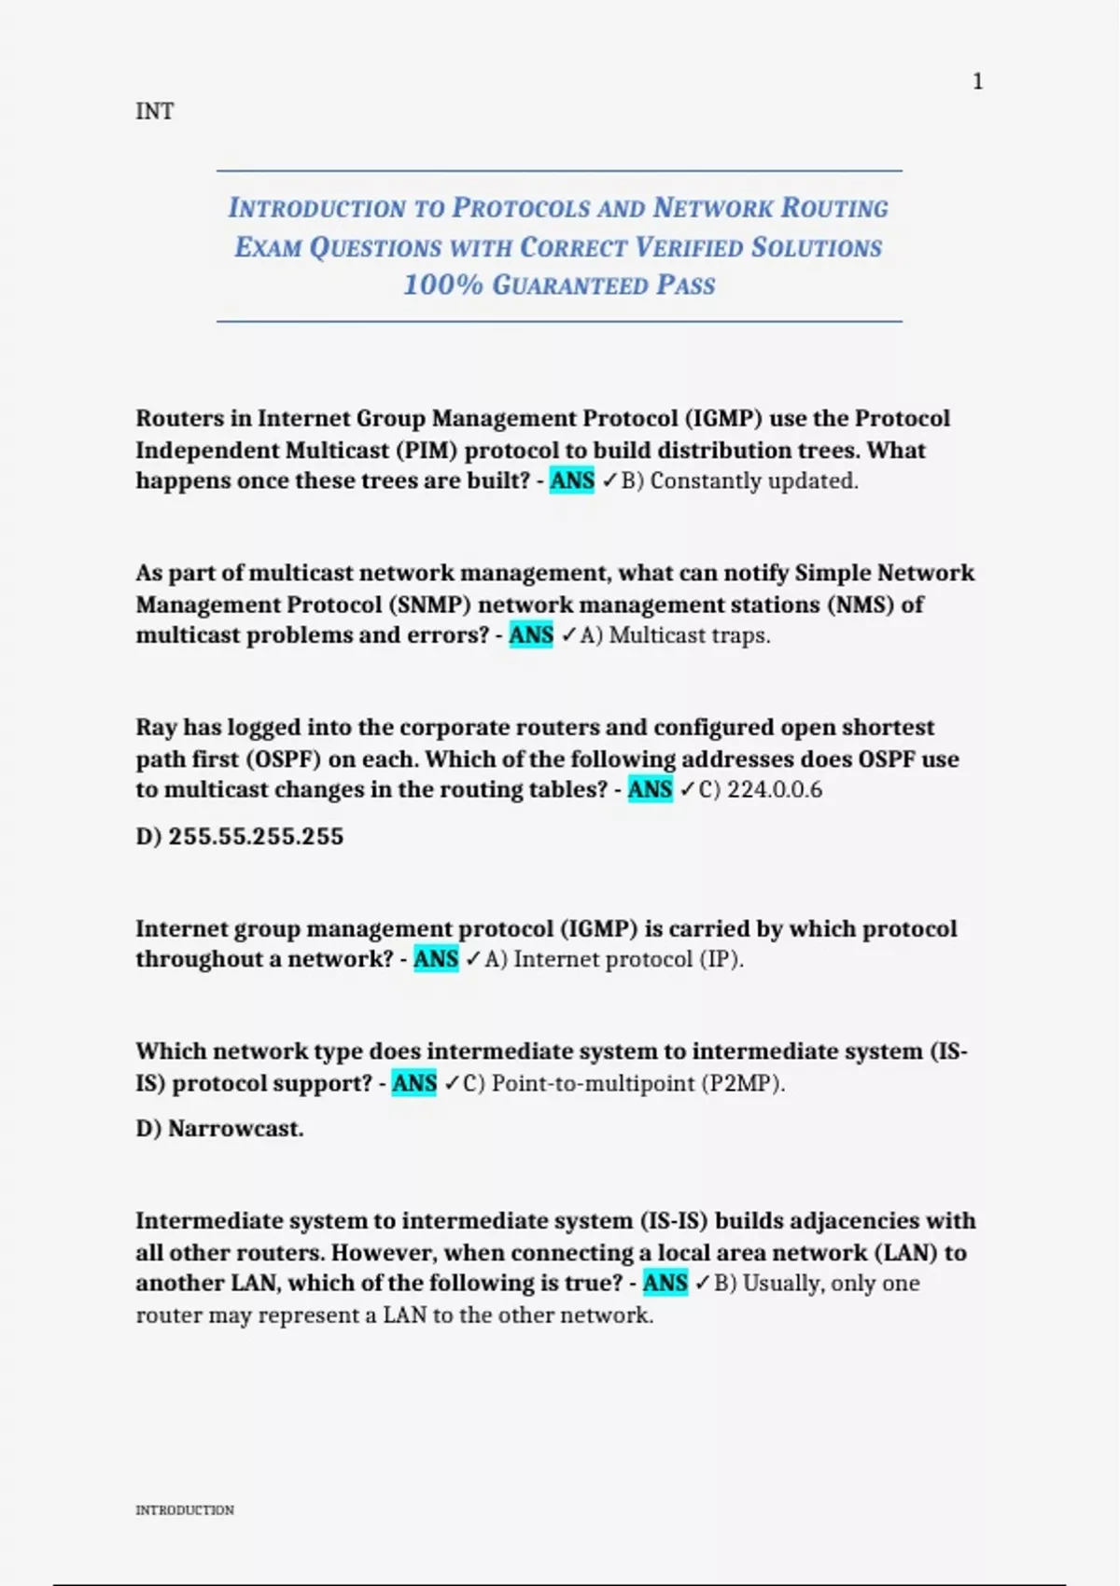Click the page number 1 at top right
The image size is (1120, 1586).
tap(977, 82)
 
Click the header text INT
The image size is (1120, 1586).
tap(154, 111)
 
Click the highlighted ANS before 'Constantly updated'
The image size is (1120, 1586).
tap(571, 480)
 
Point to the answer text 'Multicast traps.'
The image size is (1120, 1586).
tap(690, 635)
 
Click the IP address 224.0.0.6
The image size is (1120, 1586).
tap(775, 789)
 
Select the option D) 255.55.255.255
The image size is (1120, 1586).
tap(239, 836)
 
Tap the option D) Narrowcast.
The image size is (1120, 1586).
tap(219, 1128)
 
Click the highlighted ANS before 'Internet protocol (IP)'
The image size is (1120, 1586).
tap(436, 959)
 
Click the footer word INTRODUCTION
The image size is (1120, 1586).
tap(185, 1509)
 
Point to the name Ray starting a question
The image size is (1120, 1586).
tap(156, 727)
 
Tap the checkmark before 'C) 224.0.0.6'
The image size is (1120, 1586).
tap(687, 789)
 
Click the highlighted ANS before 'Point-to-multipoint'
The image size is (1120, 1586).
tap(413, 1083)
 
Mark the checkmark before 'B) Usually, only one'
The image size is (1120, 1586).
tap(703, 1283)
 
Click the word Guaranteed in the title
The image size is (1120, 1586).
tap(569, 285)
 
